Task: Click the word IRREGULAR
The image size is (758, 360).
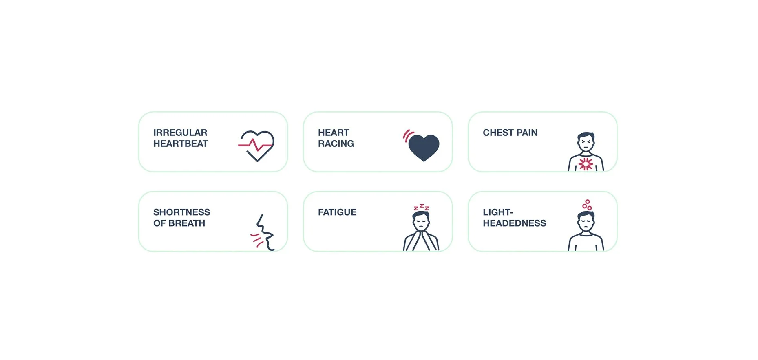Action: click(x=180, y=133)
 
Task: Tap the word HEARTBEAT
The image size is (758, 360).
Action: click(x=181, y=144)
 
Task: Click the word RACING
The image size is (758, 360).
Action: click(x=336, y=144)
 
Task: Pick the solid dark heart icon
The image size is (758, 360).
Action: click(x=424, y=148)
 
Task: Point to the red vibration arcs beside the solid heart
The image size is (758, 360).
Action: click(x=407, y=135)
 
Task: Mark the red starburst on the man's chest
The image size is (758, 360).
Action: click(x=586, y=164)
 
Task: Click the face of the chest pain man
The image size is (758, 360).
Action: click(x=586, y=143)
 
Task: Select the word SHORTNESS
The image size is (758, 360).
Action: click(x=181, y=212)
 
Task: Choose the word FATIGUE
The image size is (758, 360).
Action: click(x=337, y=212)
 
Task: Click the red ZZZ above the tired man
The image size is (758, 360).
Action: click(x=421, y=208)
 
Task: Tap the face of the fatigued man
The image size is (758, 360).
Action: click(x=421, y=223)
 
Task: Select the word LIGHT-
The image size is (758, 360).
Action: click(x=497, y=212)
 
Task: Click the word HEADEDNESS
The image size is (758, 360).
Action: click(x=514, y=223)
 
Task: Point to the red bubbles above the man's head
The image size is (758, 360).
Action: click(x=587, y=205)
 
